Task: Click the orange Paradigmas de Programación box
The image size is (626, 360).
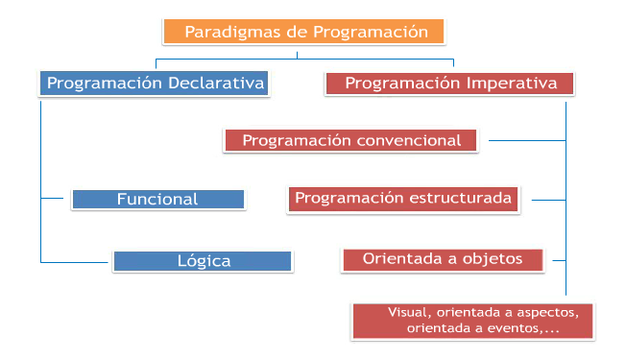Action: click(304, 32)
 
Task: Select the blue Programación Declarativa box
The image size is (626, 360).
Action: click(155, 84)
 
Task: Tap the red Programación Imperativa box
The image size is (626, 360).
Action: click(450, 84)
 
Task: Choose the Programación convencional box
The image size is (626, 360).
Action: click(351, 140)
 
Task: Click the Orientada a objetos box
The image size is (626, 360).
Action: click(443, 258)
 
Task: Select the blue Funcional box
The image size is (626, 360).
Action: click(157, 200)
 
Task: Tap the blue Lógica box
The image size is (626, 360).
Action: click(203, 260)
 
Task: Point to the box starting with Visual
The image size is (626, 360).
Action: click(474, 321)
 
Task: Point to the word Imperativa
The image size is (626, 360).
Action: click(511, 84)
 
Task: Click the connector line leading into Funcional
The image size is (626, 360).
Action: click(56, 199)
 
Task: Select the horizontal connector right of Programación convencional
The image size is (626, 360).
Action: click(526, 140)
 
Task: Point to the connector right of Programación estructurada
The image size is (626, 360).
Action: click(548, 200)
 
